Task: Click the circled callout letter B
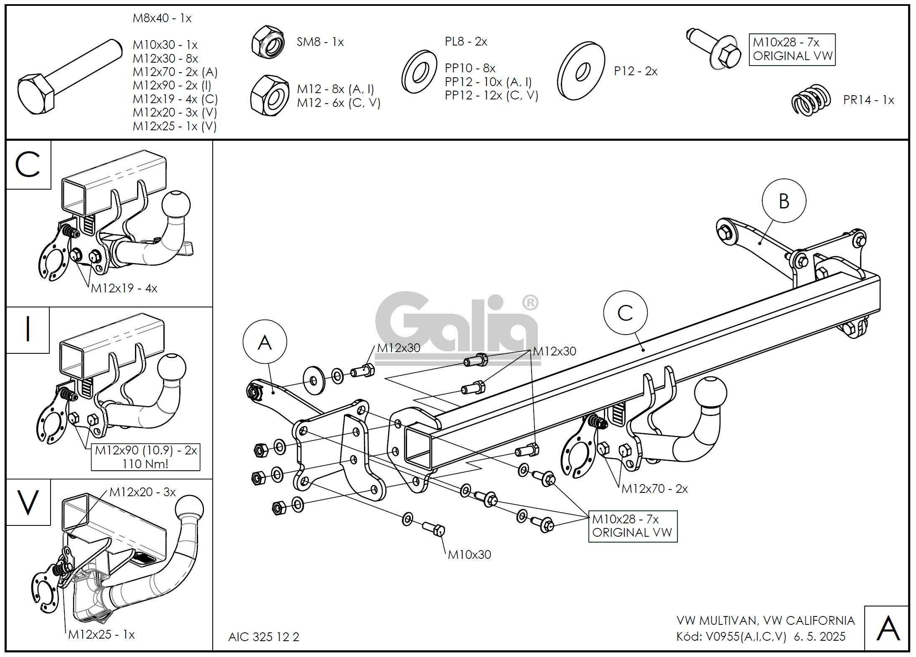(x=784, y=201)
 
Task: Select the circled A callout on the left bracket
(x=265, y=342)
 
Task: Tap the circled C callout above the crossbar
(x=625, y=313)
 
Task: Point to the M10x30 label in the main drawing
(x=469, y=555)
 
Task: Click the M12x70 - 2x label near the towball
(x=654, y=488)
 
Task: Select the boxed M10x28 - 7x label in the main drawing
(x=632, y=526)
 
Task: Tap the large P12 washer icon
(x=581, y=71)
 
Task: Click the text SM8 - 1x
(x=320, y=42)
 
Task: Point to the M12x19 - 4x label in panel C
(x=124, y=288)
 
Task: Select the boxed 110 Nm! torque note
(x=145, y=464)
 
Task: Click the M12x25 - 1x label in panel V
(x=102, y=634)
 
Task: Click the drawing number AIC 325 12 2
(x=264, y=637)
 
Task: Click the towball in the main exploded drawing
(x=710, y=393)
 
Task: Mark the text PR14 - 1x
(x=868, y=100)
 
